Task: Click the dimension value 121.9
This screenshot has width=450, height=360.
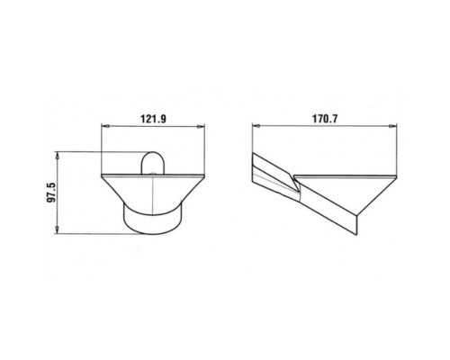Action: (x=153, y=119)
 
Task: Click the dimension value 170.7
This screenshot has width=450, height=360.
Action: (x=325, y=119)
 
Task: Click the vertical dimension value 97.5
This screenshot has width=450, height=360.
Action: (x=51, y=193)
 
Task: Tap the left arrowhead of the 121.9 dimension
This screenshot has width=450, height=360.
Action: (x=104, y=126)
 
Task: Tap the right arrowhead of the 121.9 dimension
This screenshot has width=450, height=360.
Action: (x=202, y=126)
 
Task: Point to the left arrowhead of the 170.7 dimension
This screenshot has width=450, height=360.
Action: (x=256, y=126)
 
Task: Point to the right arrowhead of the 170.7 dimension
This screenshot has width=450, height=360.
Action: (x=393, y=126)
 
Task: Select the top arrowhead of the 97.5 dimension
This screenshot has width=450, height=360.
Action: (x=57, y=156)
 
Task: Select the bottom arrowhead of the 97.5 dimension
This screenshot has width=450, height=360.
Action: (x=57, y=230)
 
